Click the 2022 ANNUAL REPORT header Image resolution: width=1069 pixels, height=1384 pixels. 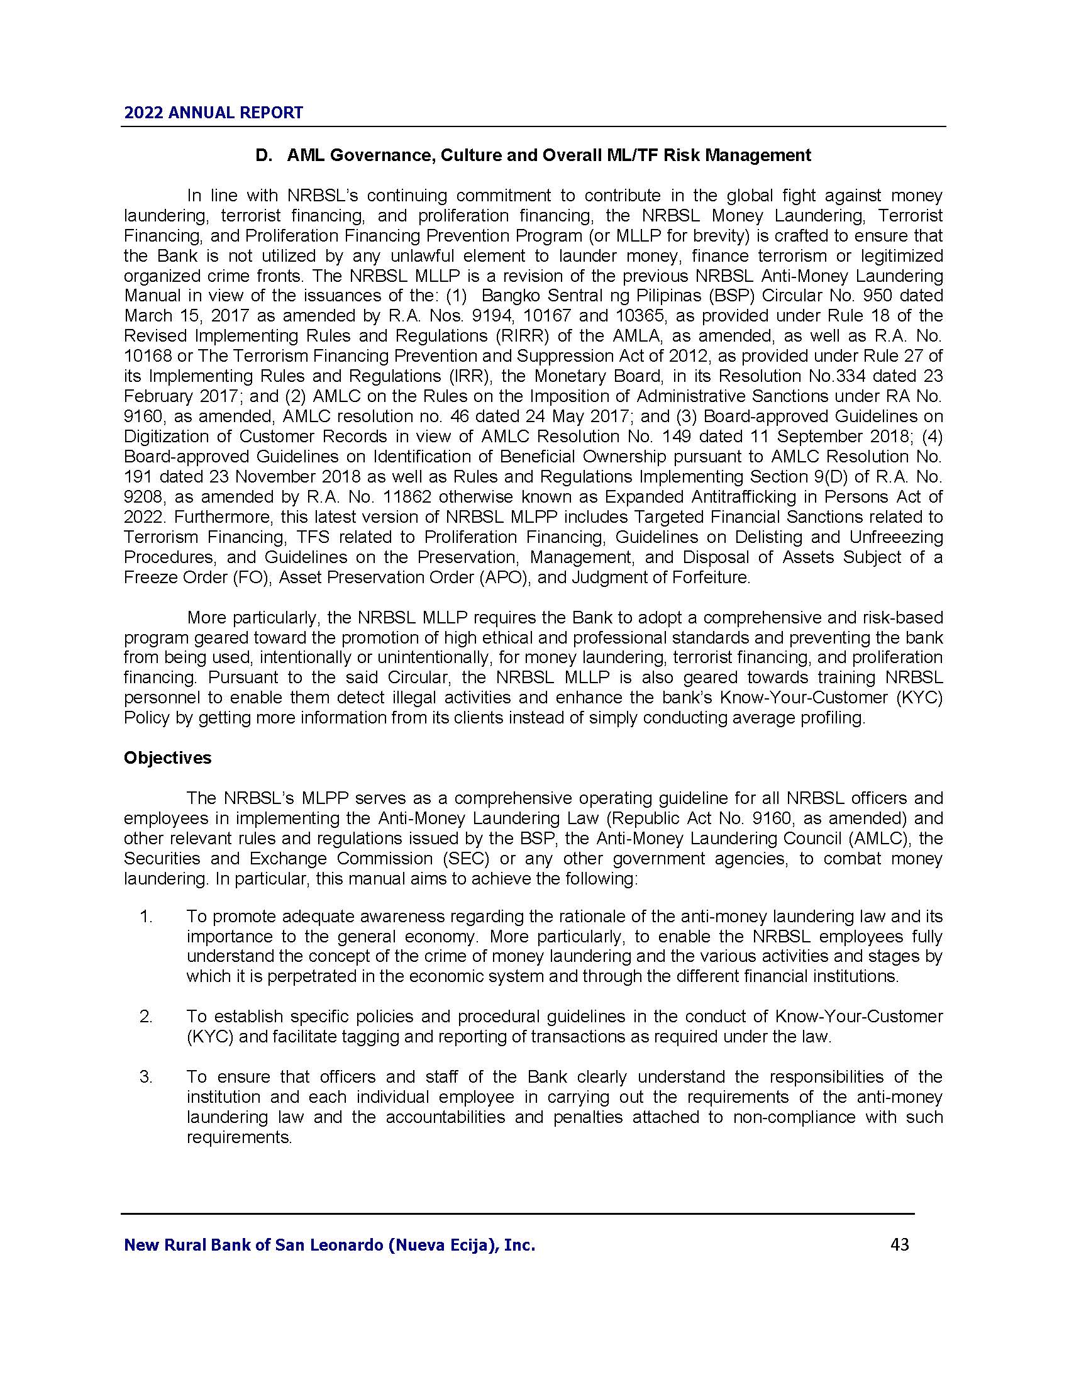click(x=213, y=113)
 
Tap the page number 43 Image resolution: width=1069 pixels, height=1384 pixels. click(x=899, y=1244)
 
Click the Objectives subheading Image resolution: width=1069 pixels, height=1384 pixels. click(x=168, y=758)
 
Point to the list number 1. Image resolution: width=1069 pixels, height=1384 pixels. click(x=147, y=917)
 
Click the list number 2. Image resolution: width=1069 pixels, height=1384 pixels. click(x=147, y=1017)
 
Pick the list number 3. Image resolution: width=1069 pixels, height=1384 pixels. click(x=147, y=1076)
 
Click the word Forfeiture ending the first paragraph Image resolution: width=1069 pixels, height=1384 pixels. click(x=711, y=578)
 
